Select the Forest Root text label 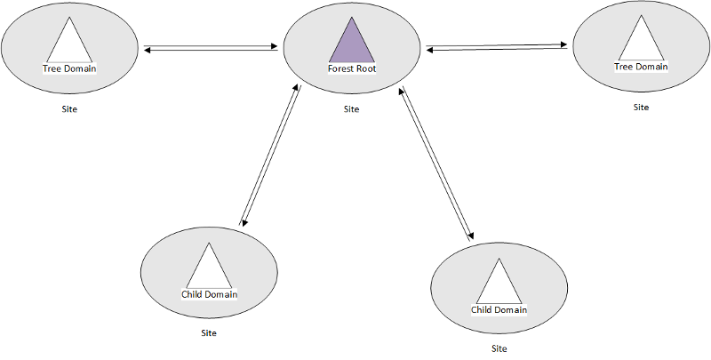point(352,69)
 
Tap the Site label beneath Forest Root point(351,109)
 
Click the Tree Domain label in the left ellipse point(69,69)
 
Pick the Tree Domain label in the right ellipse point(641,67)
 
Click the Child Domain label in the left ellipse point(209,294)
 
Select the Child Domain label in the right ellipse point(499,310)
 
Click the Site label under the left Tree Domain point(69,109)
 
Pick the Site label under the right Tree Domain point(641,108)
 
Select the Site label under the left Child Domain point(209,333)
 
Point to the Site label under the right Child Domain point(499,349)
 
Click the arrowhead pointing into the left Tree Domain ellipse point(147,50)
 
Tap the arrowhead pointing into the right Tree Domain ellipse point(563,44)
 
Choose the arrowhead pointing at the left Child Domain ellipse point(244,222)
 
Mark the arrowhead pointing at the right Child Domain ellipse point(471,236)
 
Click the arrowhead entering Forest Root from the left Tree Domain point(274,46)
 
